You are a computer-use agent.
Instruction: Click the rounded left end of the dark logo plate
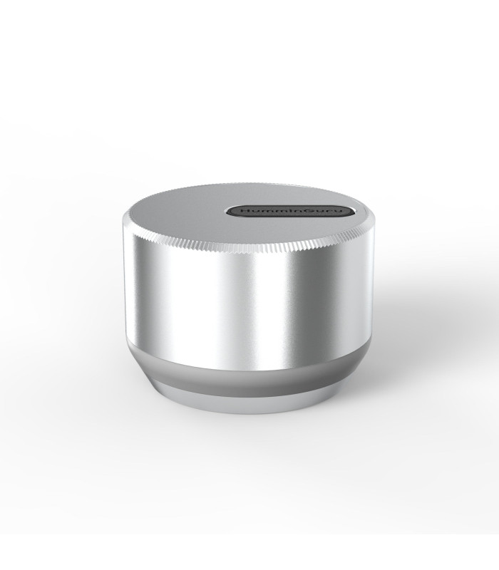[x=232, y=212]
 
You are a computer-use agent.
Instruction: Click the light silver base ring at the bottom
[x=249, y=400]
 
